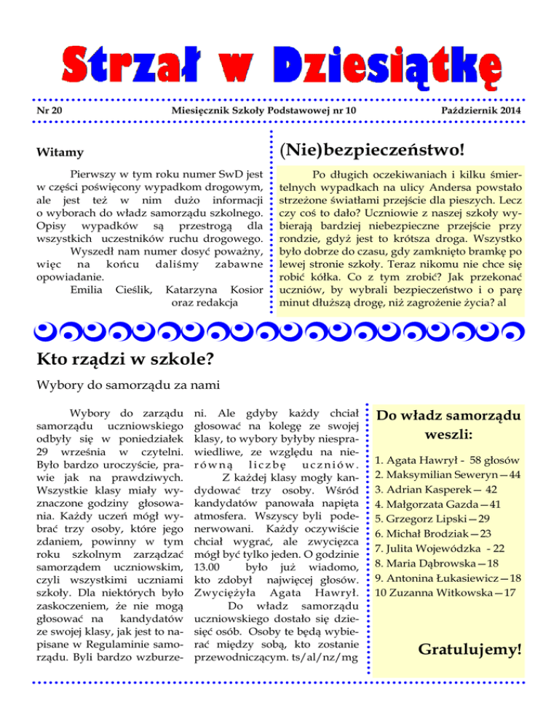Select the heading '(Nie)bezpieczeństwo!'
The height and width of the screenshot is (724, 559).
(371, 150)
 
